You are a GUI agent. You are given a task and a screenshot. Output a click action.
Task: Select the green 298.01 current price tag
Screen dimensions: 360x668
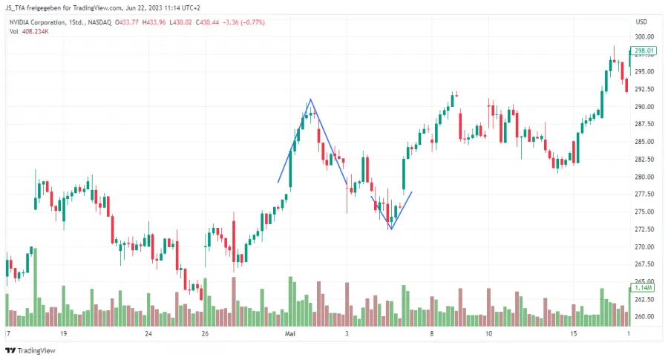point(644,51)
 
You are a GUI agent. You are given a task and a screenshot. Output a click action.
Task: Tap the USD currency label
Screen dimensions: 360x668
point(642,22)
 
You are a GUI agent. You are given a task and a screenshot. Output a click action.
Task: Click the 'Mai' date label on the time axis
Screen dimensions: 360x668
point(291,335)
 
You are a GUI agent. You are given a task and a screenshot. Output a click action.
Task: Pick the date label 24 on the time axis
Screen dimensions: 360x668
point(148,335)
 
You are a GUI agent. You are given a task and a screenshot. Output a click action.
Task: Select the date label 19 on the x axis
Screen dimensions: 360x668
point(64,335)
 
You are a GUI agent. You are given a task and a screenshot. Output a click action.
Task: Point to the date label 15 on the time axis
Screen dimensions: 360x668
point(574,335)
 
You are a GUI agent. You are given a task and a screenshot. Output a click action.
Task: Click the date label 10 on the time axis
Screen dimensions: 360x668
point(489,335)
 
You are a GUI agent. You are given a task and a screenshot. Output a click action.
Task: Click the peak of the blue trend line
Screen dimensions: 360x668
point(310,99)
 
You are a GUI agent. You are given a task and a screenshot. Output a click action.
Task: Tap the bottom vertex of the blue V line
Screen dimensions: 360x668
point(390,229)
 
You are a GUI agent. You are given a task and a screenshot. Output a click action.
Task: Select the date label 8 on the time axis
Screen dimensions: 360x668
point(431,335)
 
